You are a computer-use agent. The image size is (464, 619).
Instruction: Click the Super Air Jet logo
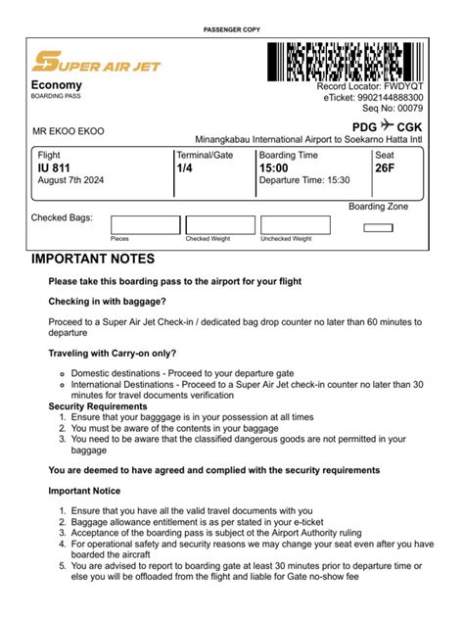(96, 64)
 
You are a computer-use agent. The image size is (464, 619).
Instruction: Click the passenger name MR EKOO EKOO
(69, 131)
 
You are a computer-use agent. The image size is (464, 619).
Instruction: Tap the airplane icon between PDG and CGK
(388, 126)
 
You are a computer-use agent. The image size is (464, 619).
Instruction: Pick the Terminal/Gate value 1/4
(184, 168)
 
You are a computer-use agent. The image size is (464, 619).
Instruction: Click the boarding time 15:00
(274, 168)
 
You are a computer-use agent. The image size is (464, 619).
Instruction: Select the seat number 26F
(387, 168)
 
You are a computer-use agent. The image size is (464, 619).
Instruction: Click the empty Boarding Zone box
(378, 228)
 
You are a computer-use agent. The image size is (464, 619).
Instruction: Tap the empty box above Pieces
(145, 224)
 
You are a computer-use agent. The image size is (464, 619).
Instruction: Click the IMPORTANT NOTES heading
(93, 260)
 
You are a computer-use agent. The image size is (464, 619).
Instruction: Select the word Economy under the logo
(56, 86)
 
